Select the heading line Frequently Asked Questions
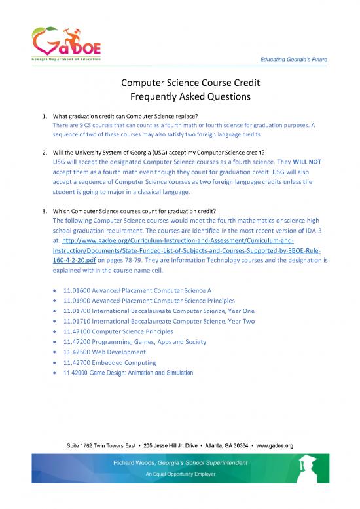[x=179, y=99]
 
